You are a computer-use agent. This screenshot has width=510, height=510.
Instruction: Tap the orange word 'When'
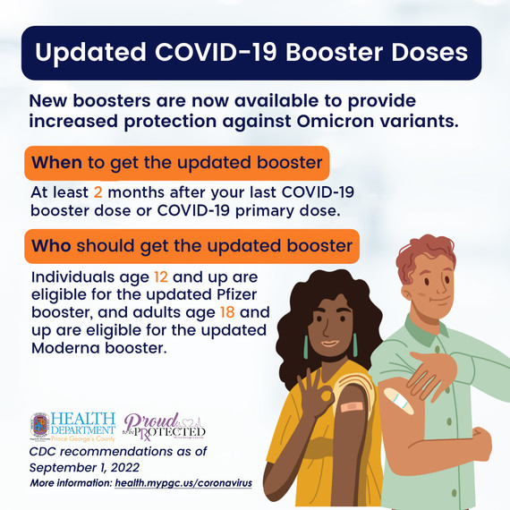coord(56,163)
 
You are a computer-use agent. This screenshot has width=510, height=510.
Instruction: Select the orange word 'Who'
coord(51,244)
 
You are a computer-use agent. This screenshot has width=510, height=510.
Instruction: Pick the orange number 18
coord(229,313)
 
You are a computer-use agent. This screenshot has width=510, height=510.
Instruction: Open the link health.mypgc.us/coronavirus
coord(183,483)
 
